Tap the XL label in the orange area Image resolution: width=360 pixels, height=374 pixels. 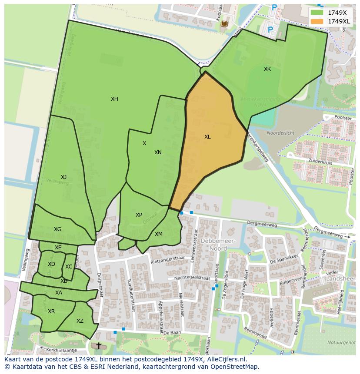[x=207, y=137]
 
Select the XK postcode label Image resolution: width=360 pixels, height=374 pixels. [x=267, y=69]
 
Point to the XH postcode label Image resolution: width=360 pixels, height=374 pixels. [x=114, y=99]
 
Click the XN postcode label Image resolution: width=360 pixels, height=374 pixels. [x=158, y=152]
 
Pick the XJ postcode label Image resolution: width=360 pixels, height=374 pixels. [x=63, y=177]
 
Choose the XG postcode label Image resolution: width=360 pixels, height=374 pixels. [x=57, y=229]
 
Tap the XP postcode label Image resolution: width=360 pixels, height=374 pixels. [x=139, y=215]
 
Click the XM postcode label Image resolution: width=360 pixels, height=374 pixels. [x=159, y=234]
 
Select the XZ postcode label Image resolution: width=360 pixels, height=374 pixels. [x=80, y=321]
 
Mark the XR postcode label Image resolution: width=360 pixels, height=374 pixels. [x=51, y=311]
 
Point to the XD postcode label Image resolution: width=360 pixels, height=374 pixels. [x=51, y=264]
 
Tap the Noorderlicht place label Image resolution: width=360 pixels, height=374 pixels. [x=280, y=133]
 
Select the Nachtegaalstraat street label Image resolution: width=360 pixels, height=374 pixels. [x=192, y=278]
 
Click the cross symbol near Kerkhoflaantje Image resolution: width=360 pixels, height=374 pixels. [x=99, y=346]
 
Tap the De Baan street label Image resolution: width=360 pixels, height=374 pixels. [x=172, y=333]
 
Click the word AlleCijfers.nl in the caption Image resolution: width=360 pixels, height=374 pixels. [x=226, y=359]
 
